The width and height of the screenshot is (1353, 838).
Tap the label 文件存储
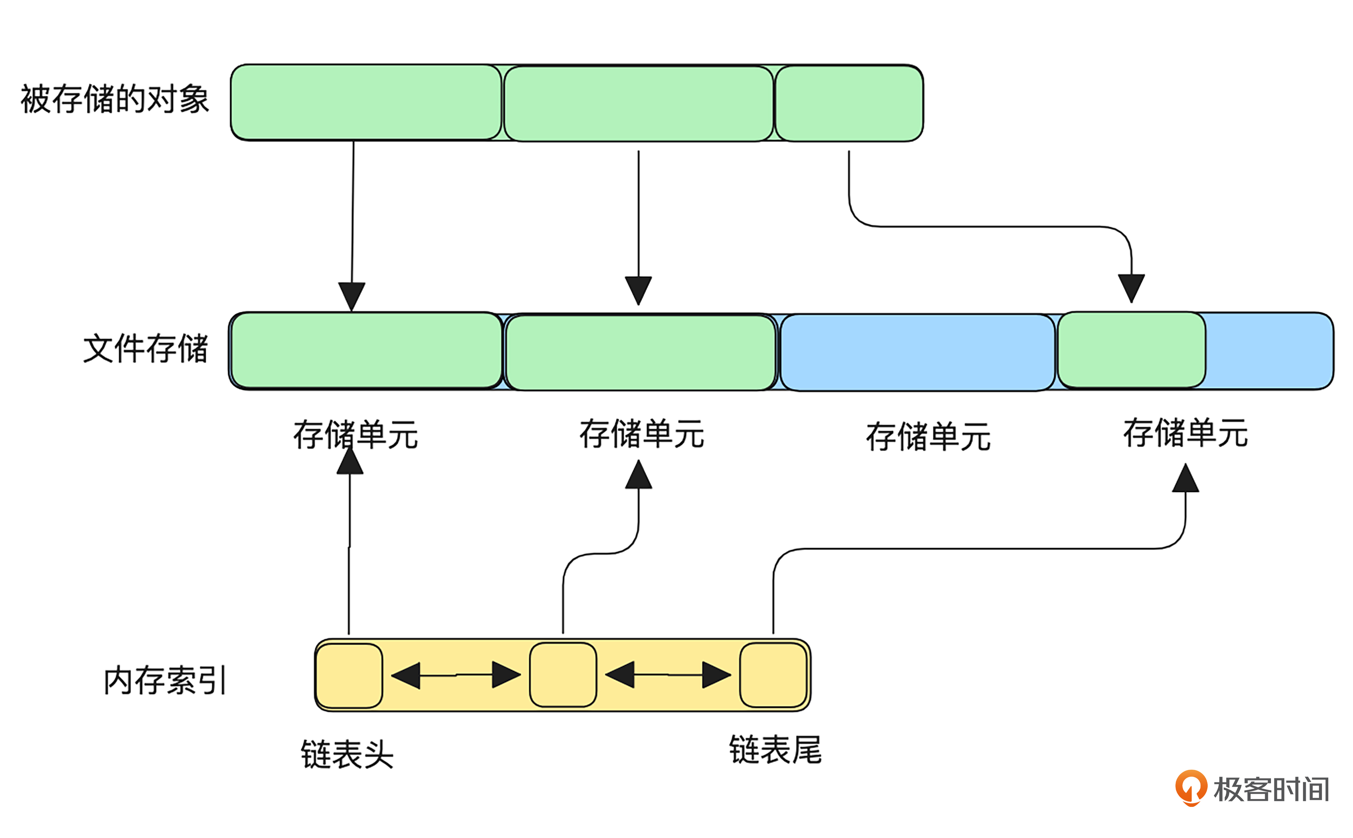145,349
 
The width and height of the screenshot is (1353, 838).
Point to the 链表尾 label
775,750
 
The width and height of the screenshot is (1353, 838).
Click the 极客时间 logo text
1271,789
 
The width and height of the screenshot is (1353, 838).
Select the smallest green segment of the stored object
849,103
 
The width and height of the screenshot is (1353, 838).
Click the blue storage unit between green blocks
917,352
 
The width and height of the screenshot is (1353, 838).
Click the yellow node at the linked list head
349,675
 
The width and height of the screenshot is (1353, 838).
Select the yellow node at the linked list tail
773,675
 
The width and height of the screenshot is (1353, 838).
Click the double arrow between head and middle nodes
456,675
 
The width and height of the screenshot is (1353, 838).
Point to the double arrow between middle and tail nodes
668,675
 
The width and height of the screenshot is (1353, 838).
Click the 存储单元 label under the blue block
928,437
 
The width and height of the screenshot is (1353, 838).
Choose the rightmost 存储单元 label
1186,433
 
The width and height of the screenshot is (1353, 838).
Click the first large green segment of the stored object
366,102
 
